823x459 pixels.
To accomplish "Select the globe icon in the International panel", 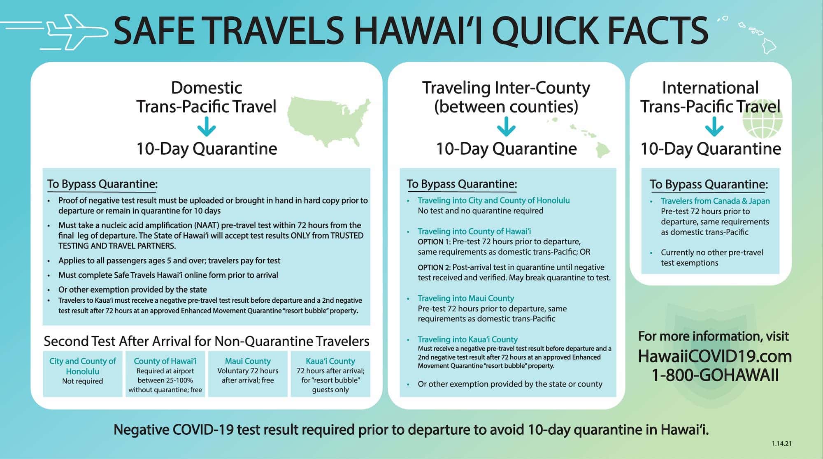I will click(763, 119).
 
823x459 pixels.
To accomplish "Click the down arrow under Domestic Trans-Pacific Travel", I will click(207, 127).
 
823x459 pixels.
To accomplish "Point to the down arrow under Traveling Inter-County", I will click(506, 127).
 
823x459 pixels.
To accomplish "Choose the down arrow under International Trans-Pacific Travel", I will click(714, 127).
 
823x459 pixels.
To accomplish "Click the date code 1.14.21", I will click(781, 444).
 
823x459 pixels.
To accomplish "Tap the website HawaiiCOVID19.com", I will click(715, 356).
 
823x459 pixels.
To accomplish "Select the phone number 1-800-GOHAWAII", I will click(715, 375).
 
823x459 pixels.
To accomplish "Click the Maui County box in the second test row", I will click(248, 373).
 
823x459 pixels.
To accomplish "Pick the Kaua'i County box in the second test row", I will click(330, 373).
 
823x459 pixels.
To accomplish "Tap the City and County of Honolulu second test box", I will click(82, 373).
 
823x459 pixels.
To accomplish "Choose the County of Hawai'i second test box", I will click(165, 373).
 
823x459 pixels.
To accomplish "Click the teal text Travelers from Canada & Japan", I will click(715, 201).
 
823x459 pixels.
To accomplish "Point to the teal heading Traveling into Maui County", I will click(466, 298).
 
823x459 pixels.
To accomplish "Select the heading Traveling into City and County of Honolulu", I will click(493, 200).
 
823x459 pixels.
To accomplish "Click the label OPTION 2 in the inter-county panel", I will click(434, 267).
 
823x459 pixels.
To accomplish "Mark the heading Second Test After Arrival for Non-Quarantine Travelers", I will click(207, 341).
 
